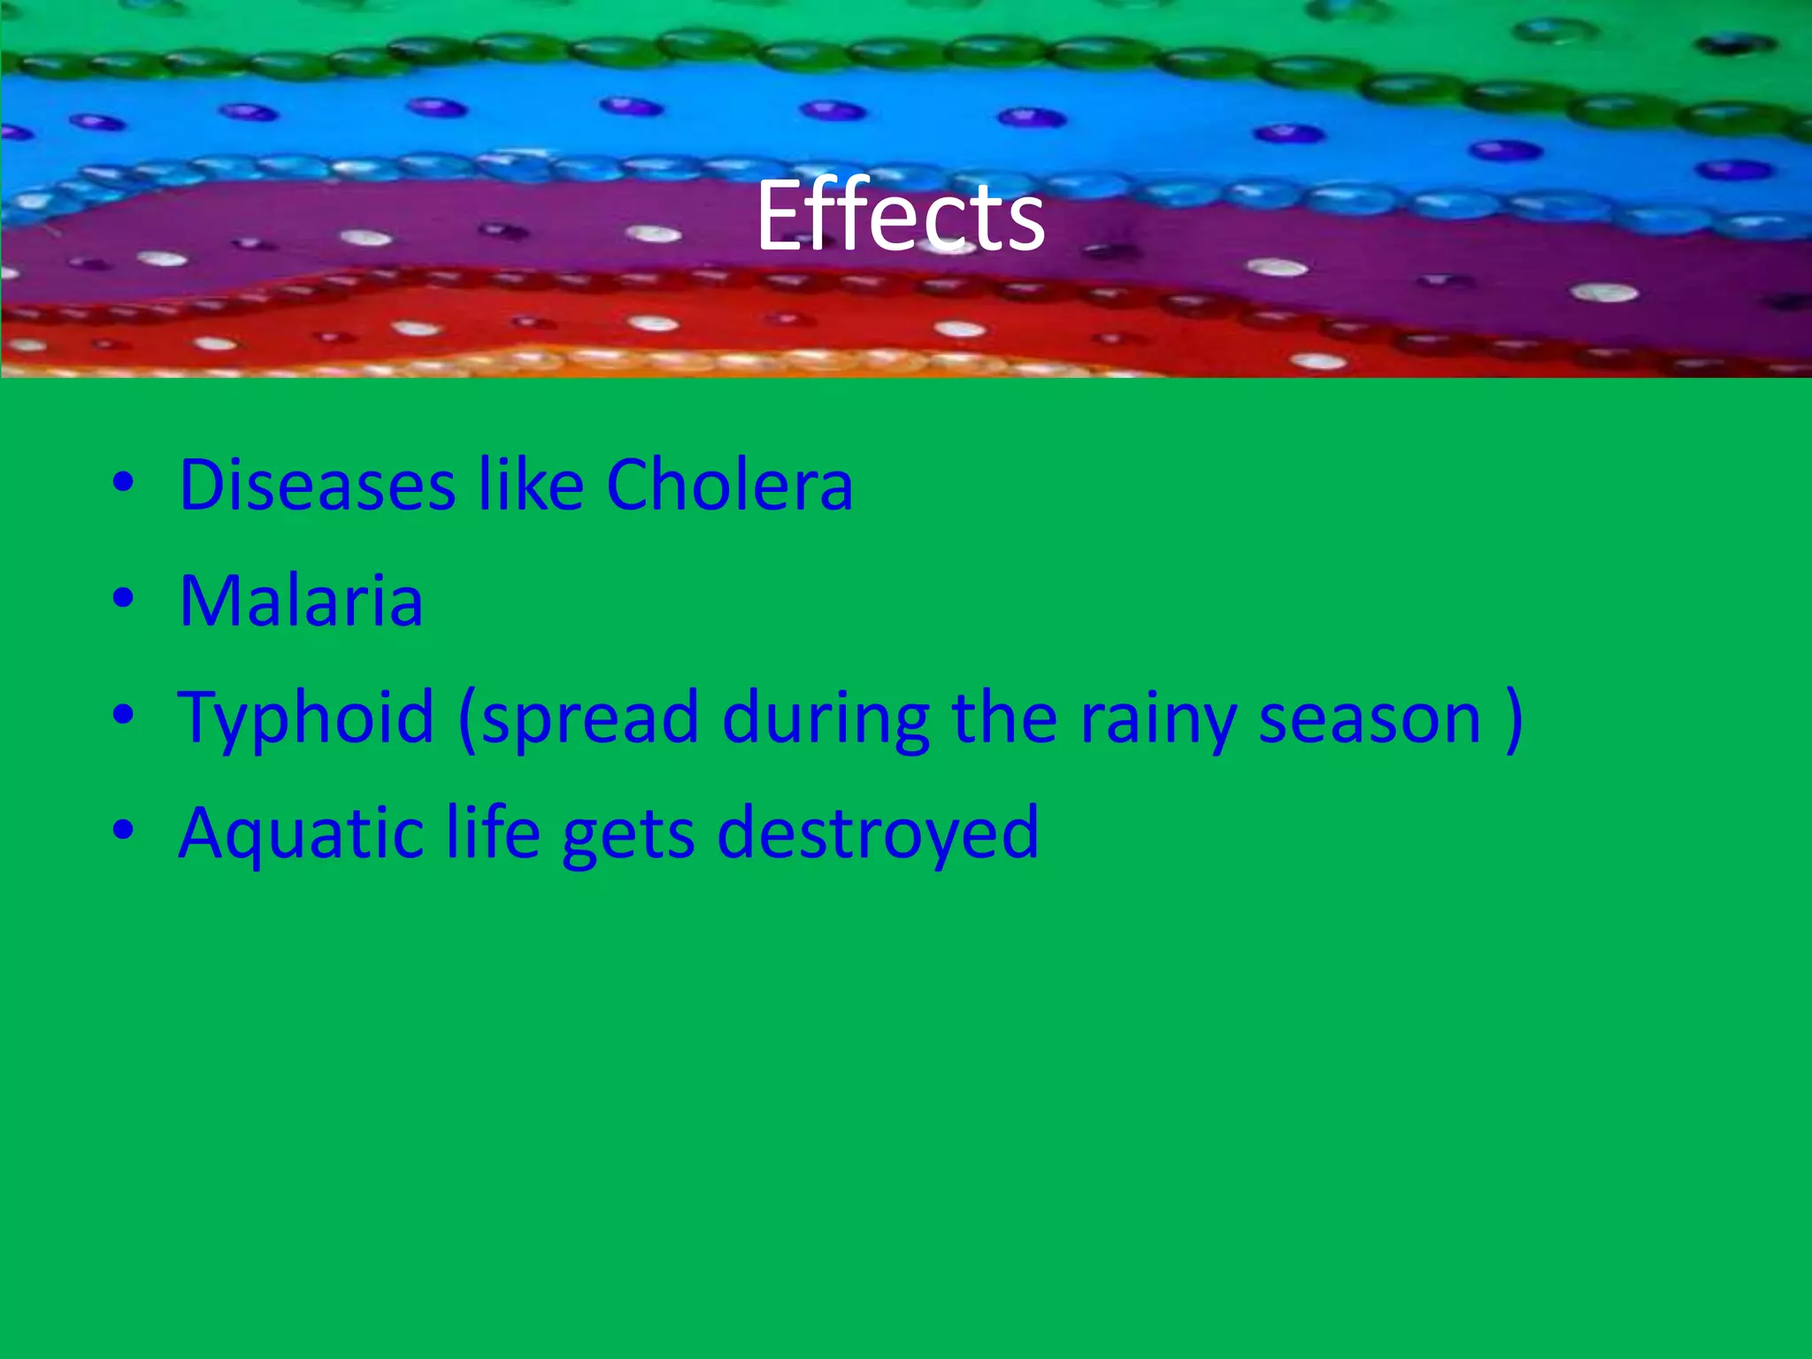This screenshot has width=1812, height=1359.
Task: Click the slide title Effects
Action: (x=901, y=216)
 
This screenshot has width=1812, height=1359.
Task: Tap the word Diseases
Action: (x=318, y=485)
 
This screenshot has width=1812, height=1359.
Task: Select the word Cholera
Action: (x=729, y=485)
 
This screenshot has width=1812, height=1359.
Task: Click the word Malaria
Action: (x=301, y=601)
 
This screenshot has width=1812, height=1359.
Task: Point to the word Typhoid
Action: (x=306, y=718)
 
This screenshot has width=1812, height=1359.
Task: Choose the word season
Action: (x=1370, y=718)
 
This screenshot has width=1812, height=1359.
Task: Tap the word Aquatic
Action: (x=301, y=834)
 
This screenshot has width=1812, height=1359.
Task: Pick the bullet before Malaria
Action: (x=123, y=599)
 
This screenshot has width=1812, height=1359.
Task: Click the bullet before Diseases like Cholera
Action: (x=123, y=483)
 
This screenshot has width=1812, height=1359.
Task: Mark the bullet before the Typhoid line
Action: (x=123, y=715)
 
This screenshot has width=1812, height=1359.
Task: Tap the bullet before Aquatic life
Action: (x=123, y=831)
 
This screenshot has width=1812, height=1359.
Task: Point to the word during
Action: (x=825, y=718)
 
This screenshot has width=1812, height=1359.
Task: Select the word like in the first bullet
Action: (x=531, y=485)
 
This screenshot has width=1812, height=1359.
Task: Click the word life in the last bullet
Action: (x=492, y=833)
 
